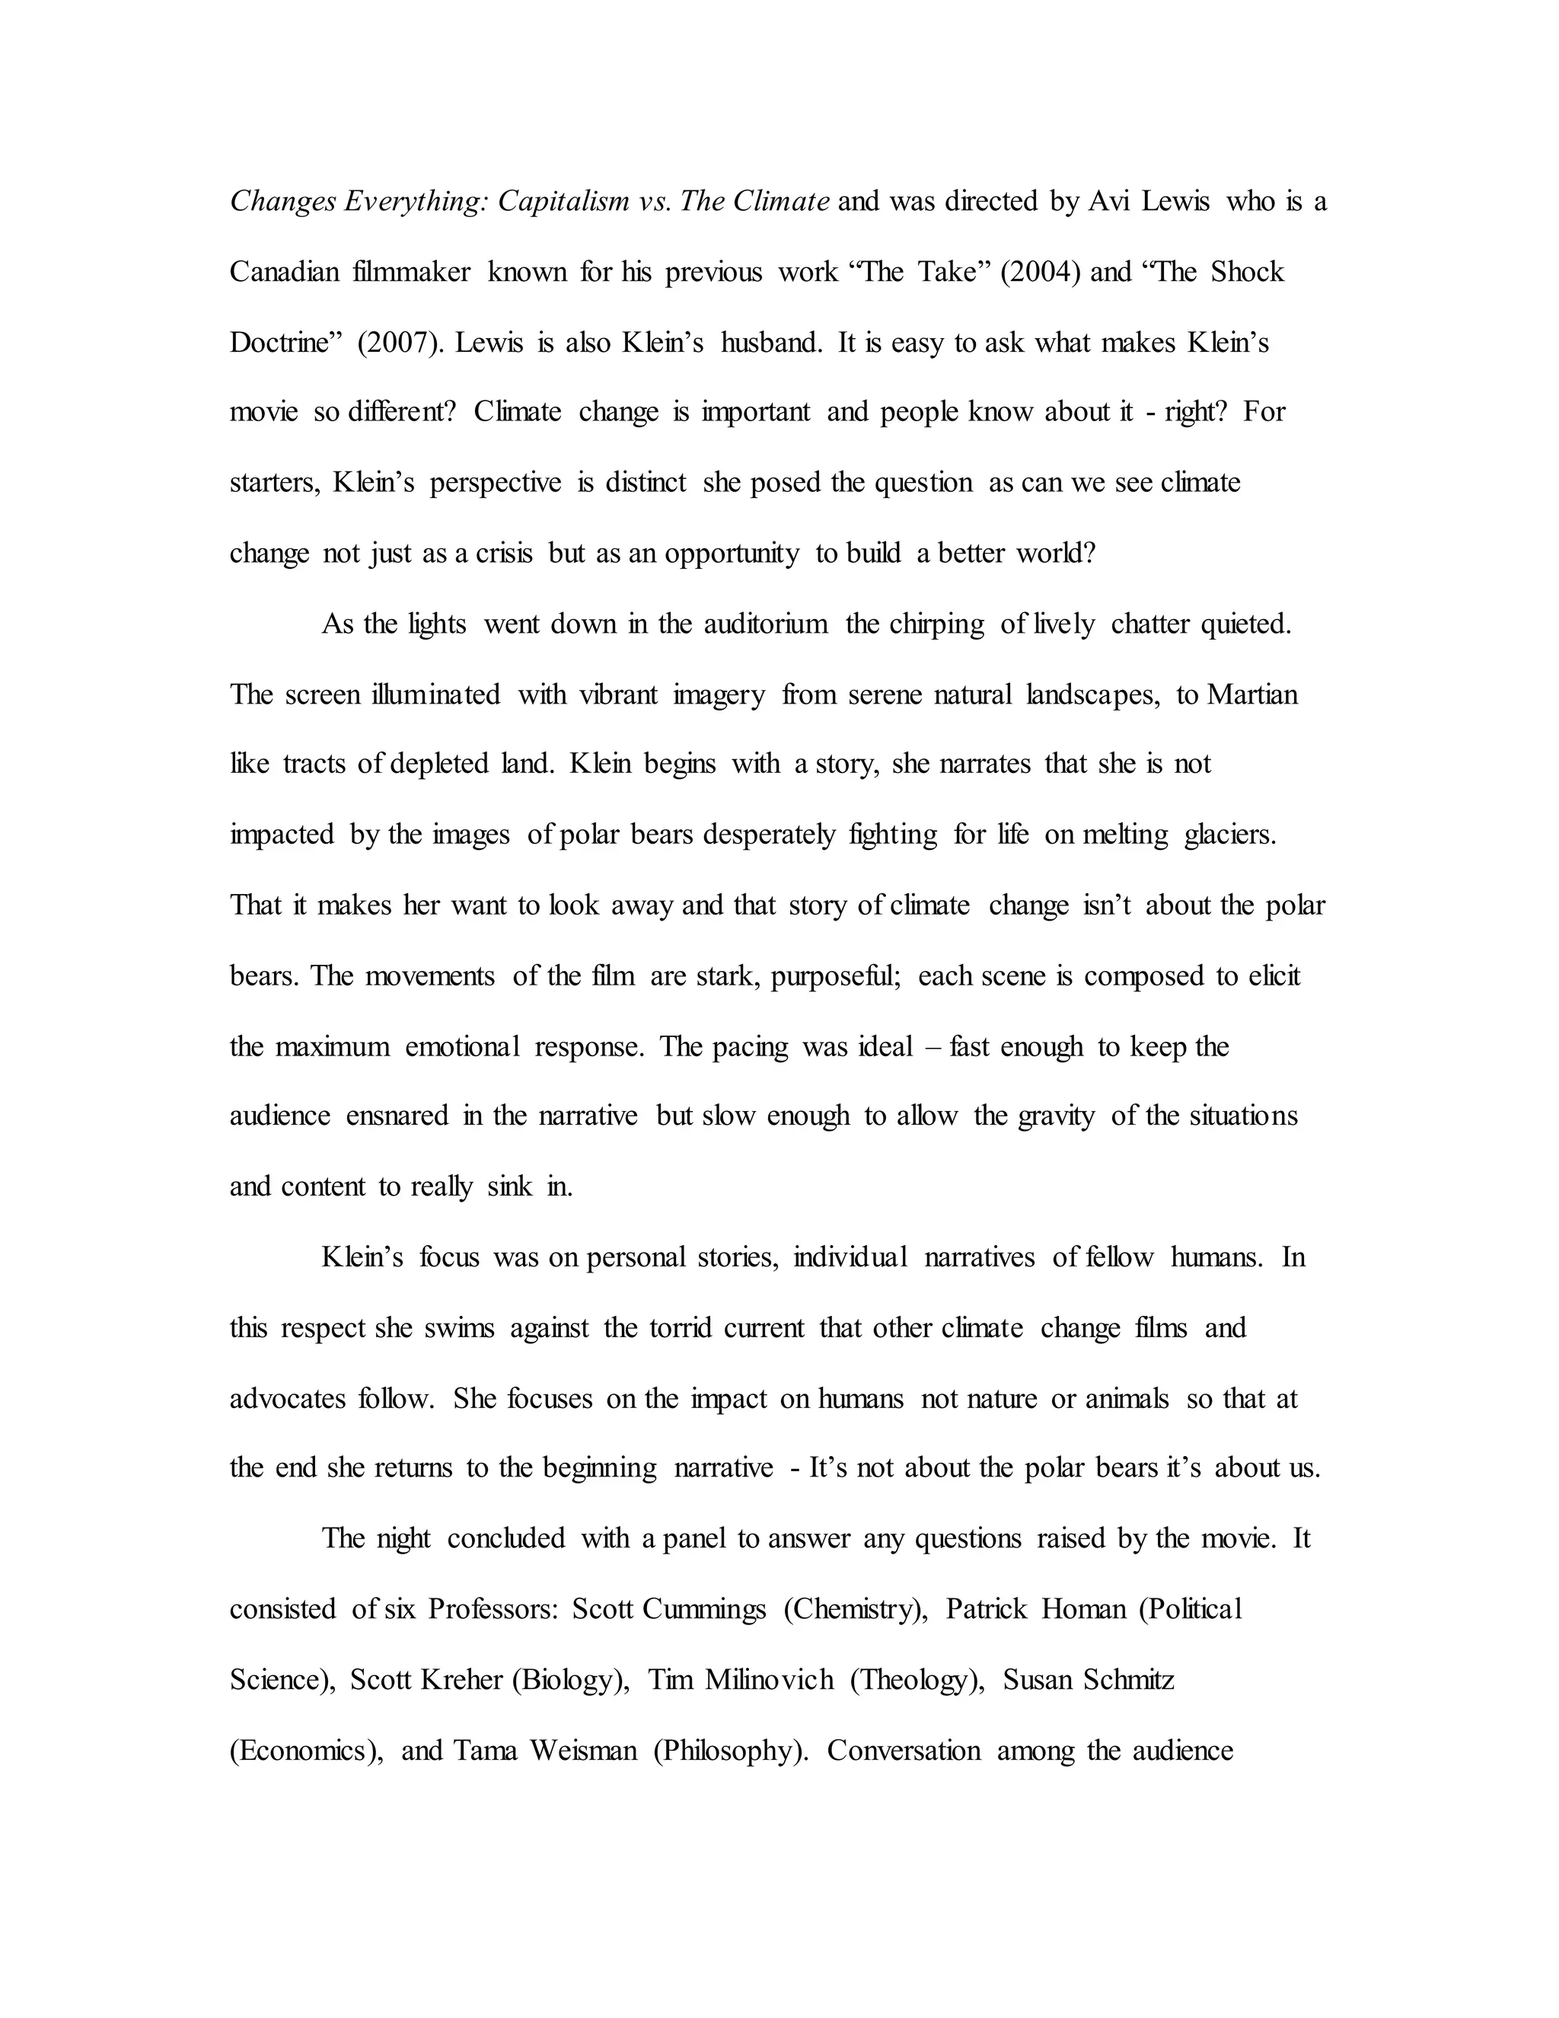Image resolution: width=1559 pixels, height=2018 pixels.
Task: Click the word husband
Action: [771, 343]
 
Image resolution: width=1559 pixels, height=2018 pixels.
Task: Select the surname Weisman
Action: [583, 1751]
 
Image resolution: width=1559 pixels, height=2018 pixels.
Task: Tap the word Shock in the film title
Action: [1247, 272]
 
